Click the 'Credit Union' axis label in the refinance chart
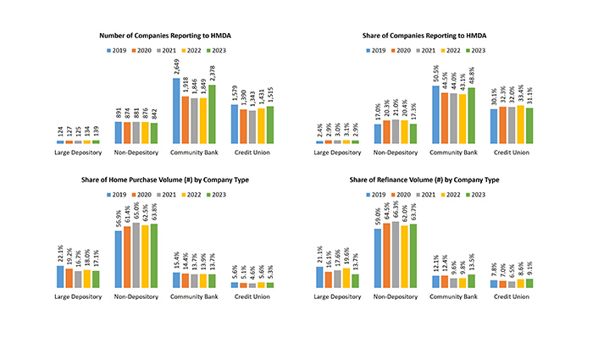click(511, 296)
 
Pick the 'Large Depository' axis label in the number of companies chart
click(79, 152)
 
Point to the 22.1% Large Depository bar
click(61, 277)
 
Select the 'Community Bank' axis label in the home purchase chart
click(194, 296)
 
